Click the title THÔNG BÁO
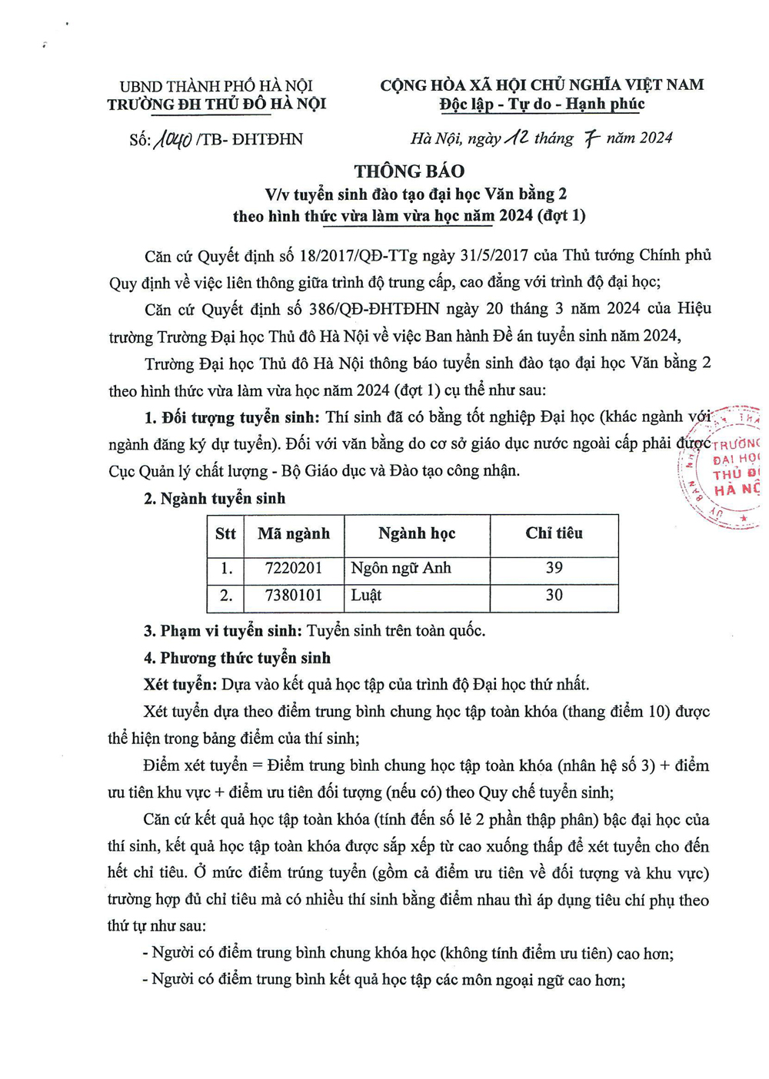pos(409,171)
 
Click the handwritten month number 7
pos(591,138)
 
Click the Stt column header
pos(225,534)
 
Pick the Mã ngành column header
pos(294,534)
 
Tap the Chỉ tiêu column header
pos(554,533)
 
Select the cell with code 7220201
pos(294,569)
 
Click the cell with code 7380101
pos(294,596)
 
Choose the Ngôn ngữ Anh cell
pos(401,569)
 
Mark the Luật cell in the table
pos(366,596)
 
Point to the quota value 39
pos(554,568)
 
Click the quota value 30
pos(554,596)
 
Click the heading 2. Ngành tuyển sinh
pos(215,499)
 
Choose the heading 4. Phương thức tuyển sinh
pos(237,658)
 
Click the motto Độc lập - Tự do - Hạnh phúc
pos(542,105)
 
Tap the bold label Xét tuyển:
pos(180,684)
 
